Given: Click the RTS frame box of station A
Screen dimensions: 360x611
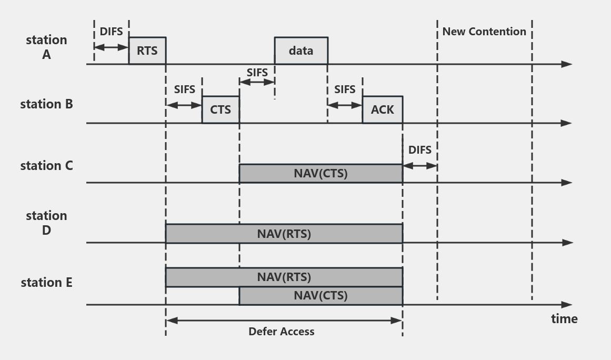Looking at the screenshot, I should tap(147, 51).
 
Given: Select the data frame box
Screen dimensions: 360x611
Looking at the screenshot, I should tap(301, 51).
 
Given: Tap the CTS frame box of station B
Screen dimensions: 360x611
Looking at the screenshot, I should tap(221, 109).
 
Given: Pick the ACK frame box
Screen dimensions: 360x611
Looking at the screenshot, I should tap(382, 109).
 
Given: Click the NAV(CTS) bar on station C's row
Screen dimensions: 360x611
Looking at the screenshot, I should tap(320, 173).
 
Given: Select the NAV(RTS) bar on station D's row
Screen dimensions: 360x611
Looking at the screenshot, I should tap(284, 234).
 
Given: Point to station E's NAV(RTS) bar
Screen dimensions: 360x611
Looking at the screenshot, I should tap(284, 277).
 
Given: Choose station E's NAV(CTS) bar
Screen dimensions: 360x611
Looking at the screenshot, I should tap(320, 296).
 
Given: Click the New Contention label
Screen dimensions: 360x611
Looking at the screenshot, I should tap(484, 32).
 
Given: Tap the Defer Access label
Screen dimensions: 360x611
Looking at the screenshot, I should tap(282, 332).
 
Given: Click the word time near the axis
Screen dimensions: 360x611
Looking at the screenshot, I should tap(564, 318).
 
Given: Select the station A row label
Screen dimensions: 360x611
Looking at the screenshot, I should tap(46, 47).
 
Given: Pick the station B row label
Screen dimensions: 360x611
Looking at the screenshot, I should tap(46, 104).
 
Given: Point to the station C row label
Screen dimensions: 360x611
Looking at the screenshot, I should tap(46, 166).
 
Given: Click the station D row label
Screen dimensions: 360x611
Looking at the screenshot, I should tap(46, 223).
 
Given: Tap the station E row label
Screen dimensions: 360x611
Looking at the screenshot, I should tap(46, 283).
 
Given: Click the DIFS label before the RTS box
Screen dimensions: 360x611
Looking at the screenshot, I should tap(111, 32).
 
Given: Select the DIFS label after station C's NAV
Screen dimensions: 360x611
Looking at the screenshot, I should tap(420, 150).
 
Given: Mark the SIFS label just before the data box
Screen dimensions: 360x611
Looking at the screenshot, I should tap(257, 72).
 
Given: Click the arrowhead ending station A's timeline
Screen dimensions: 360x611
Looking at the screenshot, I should tap(567, 64).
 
